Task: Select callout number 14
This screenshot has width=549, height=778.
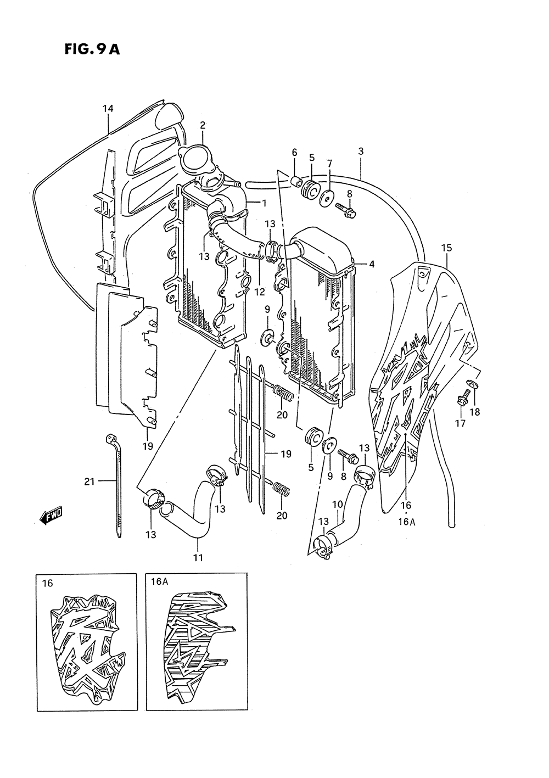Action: (x=108, y=109)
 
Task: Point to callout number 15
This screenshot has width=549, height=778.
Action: (x=446, y=248)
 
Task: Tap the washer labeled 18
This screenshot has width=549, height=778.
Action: (x=471, y=384)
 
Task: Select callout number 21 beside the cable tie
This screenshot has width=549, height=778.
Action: (x=89, y=482)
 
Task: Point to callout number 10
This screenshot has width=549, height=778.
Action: (x=337, y=503)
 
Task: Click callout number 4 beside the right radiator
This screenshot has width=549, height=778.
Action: (x=372, y=264)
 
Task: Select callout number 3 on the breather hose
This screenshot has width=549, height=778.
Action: (x=361, y=151)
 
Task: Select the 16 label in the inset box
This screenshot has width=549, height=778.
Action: (x=47, y=583)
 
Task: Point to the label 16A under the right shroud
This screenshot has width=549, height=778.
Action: (x=407, y=522)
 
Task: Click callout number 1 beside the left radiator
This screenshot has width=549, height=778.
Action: (x=264, y=203)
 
